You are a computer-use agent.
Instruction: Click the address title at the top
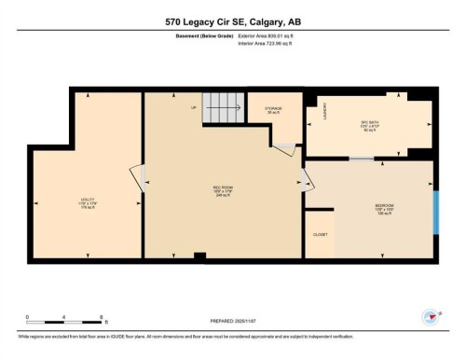click(x=232, y=21)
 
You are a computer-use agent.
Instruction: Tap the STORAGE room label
click(x=272, y=110)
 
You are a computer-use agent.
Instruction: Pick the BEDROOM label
click(x=384, y=206)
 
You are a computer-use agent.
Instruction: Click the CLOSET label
click(x=320, y=235)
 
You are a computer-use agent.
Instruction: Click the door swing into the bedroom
click(x=306, y=179)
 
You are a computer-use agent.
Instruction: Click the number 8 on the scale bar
click(x=100, y=317)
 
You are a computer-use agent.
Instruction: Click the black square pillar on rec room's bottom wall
click(x=199, y=256)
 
